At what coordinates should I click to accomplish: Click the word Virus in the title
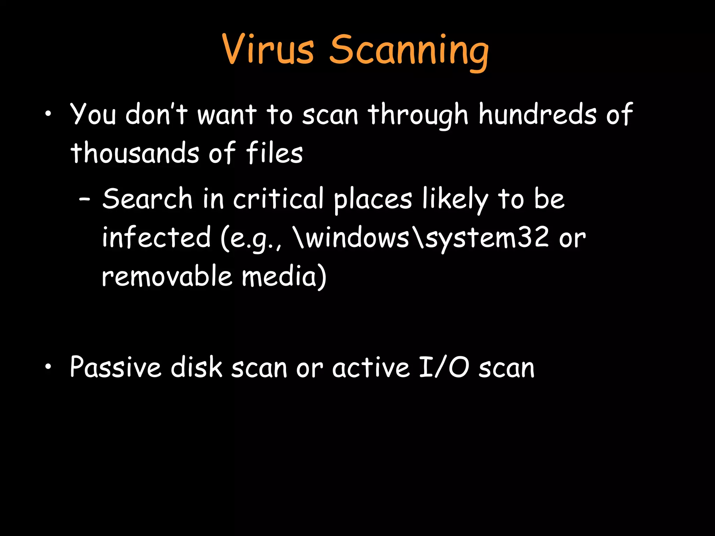[268, 50]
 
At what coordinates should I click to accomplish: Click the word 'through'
[418, 115]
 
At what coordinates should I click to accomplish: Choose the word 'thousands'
[135, 153]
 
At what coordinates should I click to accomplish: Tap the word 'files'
[274, 153]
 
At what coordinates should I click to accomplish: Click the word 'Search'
[147, 198]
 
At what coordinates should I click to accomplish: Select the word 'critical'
[278, 198]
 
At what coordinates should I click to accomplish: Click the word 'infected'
[156, 237]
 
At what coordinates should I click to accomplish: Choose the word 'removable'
[167, 276]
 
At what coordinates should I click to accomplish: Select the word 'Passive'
[116, 367]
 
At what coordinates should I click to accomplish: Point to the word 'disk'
[196, 367]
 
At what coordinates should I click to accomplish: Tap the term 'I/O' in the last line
[443, 367]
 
